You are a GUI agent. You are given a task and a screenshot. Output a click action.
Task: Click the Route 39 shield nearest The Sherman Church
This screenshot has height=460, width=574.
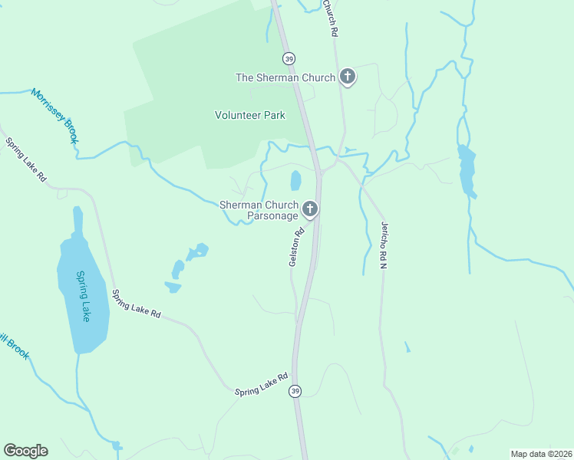pos(289,58)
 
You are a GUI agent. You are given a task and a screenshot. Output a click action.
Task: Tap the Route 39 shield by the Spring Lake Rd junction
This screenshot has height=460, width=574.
pos(295,391)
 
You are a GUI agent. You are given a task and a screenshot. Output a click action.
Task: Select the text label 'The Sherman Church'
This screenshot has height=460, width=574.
pos(285,77)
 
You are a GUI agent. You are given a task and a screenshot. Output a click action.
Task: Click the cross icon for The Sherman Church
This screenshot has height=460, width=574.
pos(347,77)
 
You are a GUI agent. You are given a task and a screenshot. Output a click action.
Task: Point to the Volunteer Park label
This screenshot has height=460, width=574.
pos(249,115)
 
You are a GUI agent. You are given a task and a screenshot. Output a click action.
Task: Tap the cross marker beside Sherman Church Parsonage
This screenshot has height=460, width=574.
pos(310,209)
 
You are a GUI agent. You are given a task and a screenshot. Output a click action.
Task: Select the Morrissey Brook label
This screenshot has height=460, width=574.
pos(55,116)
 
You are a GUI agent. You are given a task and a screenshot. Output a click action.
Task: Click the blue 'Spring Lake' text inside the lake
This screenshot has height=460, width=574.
pos(84,296)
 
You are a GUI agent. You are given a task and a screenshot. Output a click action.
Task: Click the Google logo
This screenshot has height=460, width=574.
pos(25,451)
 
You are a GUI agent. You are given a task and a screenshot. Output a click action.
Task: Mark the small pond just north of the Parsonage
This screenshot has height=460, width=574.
pos(295,181)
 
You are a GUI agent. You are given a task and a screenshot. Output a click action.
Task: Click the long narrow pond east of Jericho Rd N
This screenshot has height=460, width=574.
pos(466,170)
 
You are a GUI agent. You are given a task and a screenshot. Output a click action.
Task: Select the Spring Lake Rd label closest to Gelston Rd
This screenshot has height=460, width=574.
pos(261,383)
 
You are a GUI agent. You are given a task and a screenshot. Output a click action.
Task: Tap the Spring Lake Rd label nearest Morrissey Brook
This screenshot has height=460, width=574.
pos(26,159)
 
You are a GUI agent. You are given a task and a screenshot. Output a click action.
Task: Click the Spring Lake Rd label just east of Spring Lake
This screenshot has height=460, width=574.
pos(136,304)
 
